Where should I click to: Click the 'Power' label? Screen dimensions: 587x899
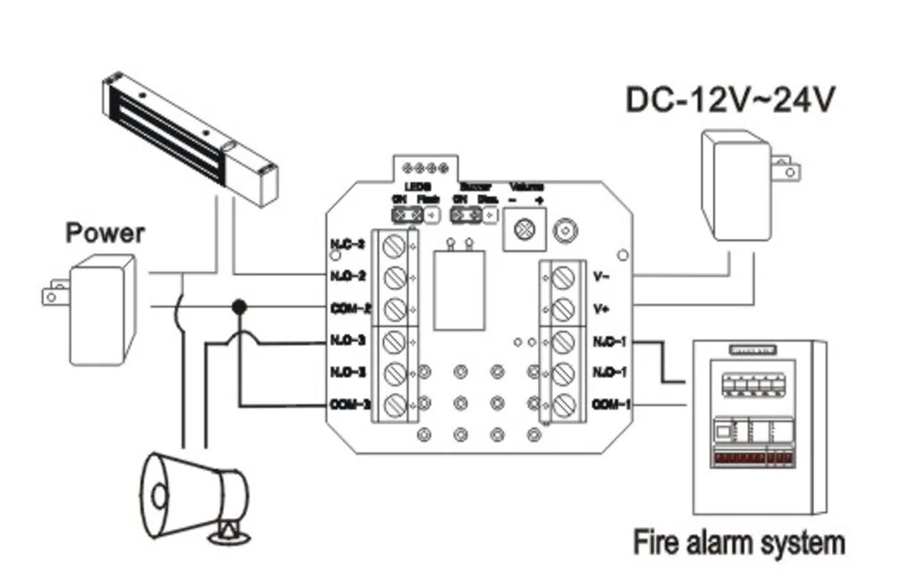[105, 234]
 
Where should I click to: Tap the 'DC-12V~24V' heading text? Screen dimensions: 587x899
[730, 99]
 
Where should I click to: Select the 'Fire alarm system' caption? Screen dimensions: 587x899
[738, 542]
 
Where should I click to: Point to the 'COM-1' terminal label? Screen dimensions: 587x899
[612, 404]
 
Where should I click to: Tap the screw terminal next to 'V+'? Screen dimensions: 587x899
[562, 309]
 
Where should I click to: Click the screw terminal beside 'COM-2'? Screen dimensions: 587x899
[393, 309]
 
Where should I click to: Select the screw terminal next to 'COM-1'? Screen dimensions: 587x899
[562, 405]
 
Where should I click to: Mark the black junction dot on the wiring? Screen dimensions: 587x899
[239, 307]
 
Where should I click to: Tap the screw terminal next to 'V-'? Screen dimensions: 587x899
[562, 277]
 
